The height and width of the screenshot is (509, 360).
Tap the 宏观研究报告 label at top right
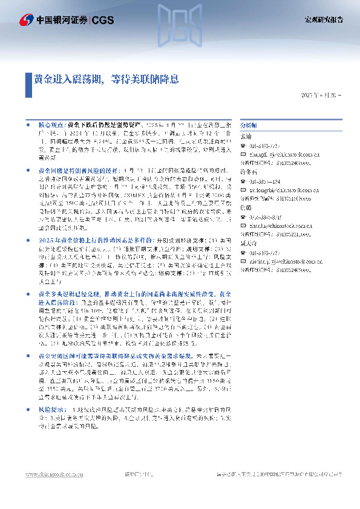pos(323,20)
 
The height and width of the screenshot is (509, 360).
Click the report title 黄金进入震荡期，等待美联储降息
pos(106,79)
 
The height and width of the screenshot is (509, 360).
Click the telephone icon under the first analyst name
pos(243,146)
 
